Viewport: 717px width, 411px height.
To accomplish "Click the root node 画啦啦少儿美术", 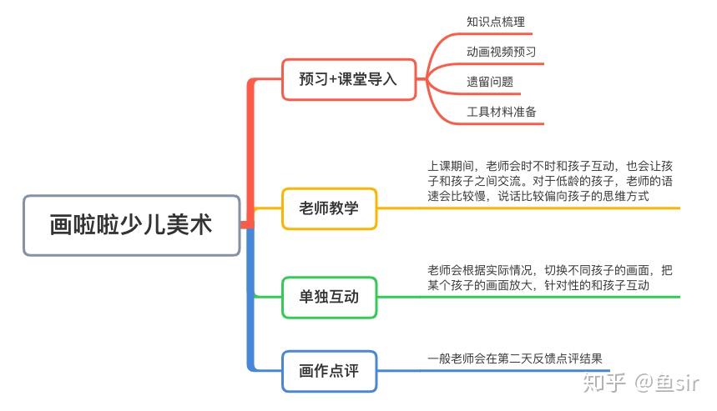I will click(x=132, y=225).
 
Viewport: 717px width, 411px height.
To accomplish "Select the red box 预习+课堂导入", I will click(x=348, y=79).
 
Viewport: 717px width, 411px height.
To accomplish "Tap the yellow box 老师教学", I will click(x=329, y=208).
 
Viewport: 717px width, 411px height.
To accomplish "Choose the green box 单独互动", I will click(x=329, y=296).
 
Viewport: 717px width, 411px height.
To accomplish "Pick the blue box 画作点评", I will click(x=329, y=371).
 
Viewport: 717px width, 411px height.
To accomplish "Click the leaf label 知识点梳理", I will click(x=496, y=22).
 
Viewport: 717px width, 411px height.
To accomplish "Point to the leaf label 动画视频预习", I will click(x=501, y=52).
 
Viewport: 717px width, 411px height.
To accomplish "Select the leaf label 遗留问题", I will click(x=490, y=82).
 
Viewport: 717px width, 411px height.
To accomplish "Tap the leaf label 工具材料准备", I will click(x=501, y=112).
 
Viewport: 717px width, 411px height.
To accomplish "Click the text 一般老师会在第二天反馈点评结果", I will click(x=514, y=358).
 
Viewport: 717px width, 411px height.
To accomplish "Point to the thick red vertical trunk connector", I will click(x=250, y=150).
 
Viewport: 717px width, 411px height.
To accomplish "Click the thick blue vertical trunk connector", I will click(x=250, y=300).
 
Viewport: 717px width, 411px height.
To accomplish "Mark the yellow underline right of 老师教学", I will click(x=534, y=208).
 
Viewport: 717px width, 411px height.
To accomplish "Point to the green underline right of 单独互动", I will click(x=534, y=296).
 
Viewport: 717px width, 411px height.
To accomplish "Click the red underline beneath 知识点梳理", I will click(x=501, y=34).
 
